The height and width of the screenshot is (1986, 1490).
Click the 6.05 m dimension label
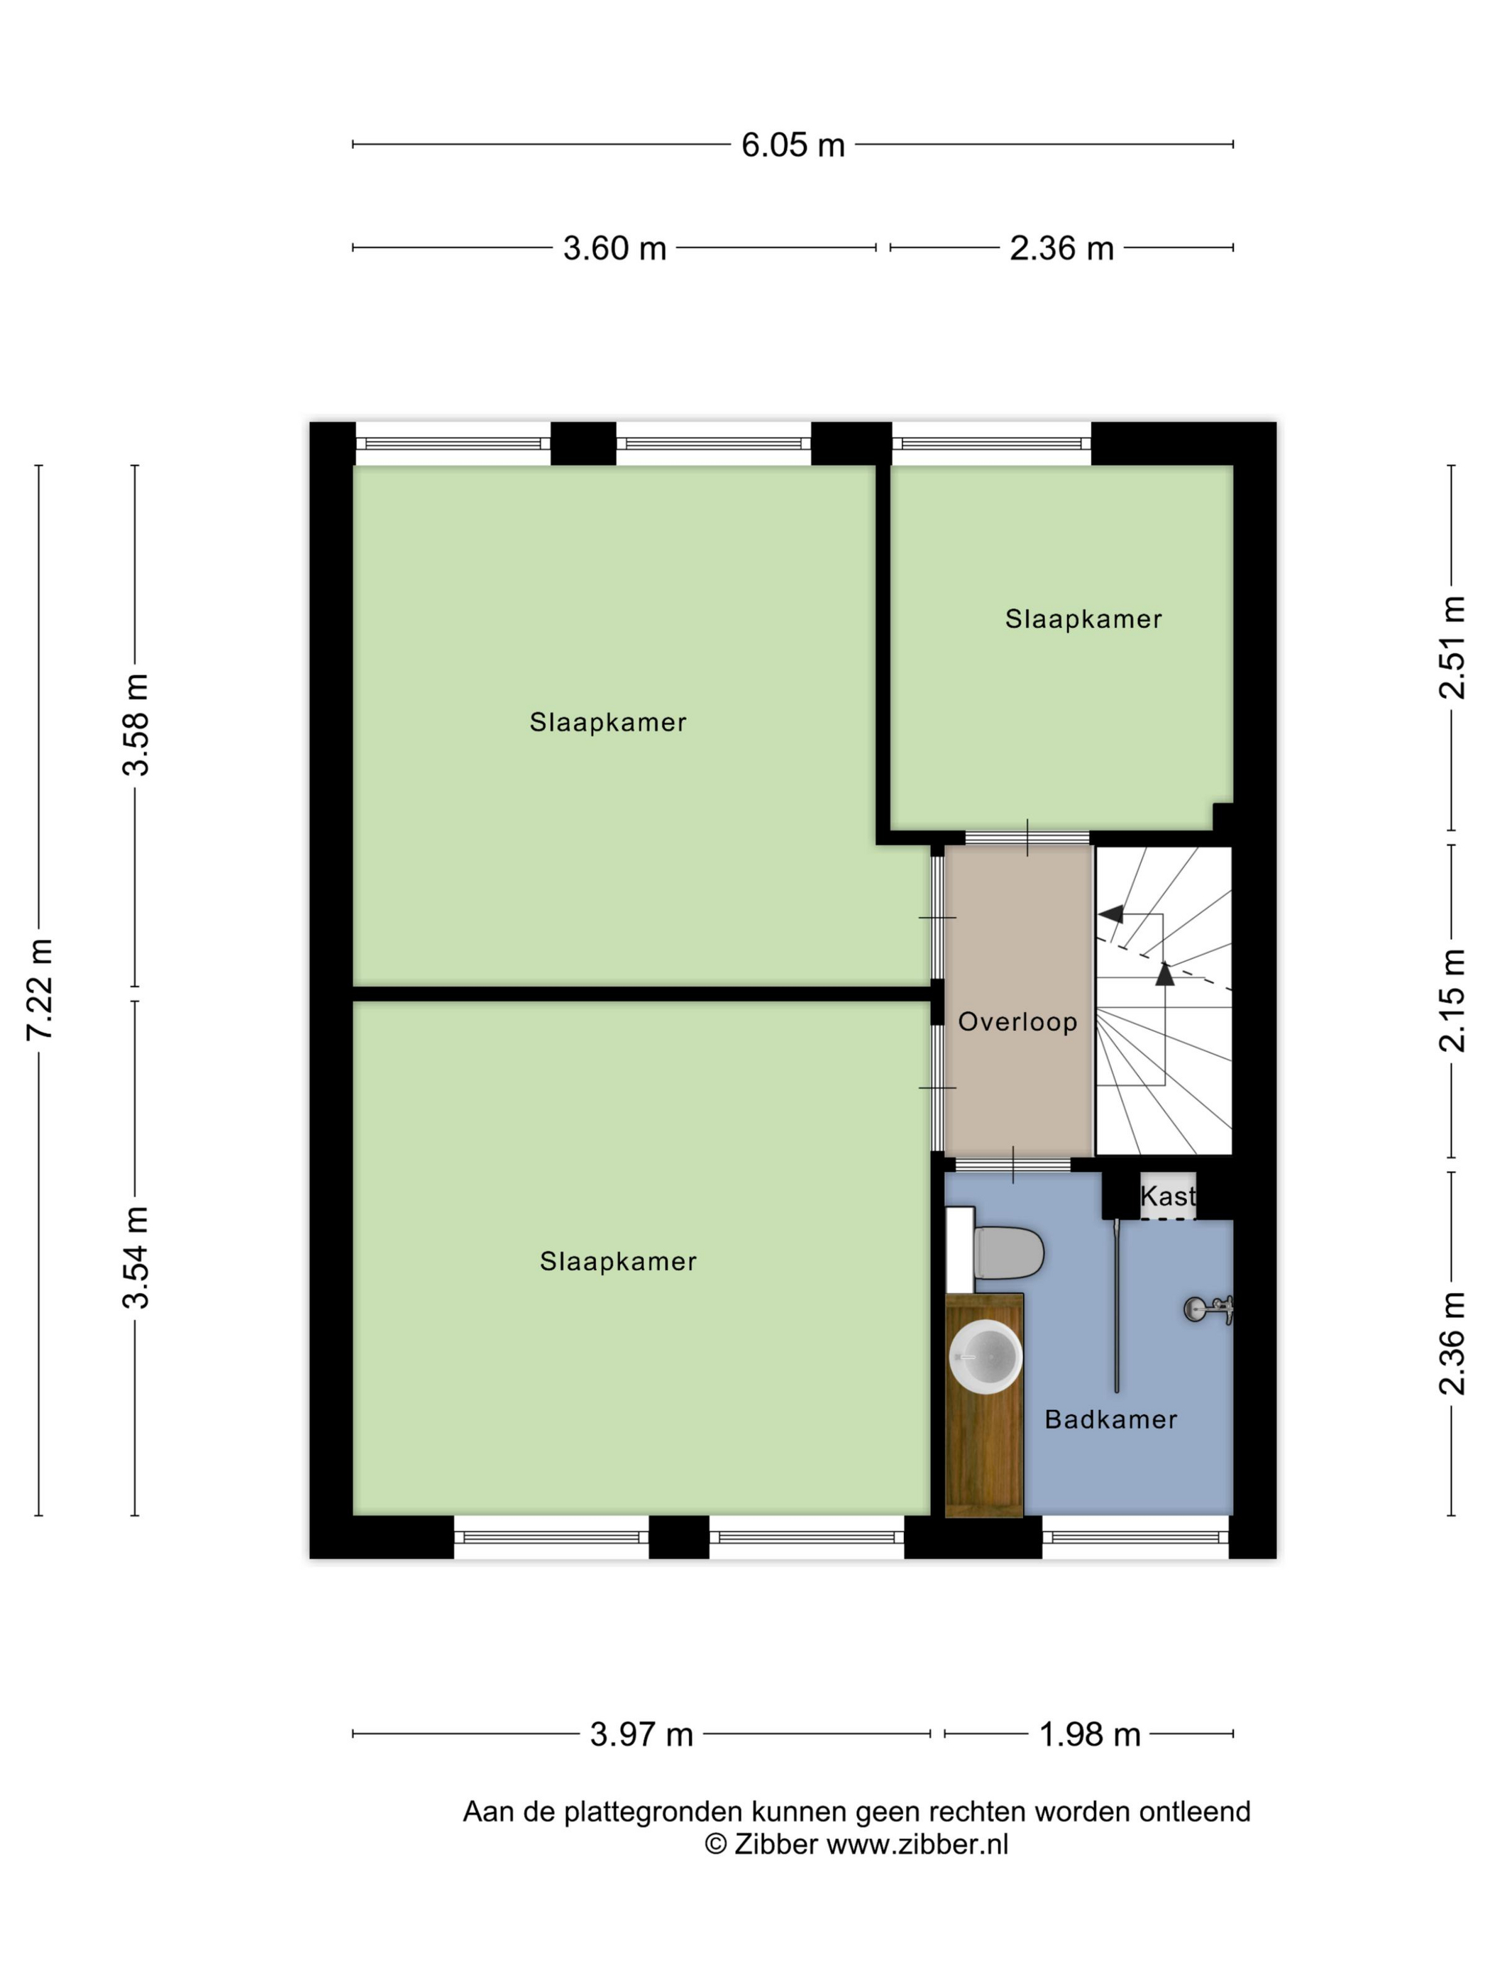pyautogui.click(x=792, y=145)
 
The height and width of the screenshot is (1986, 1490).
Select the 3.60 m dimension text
pyautogui.click(x=614, y=248)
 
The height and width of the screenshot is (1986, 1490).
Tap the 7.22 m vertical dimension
pyautogui.click(x=40, y=989)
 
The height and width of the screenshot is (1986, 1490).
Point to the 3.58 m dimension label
pyautogui.click(x=136, y=723)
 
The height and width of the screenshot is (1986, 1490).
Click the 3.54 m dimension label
pyautogui.click(x=136, y=1257)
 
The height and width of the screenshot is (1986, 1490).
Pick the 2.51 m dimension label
pyautogui.click(x=1452, y=648)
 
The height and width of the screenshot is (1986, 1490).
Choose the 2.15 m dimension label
pyautogui.click(x=1452, y=1000)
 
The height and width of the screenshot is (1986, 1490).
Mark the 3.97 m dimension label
pyautogui.click(x=641, y=1733)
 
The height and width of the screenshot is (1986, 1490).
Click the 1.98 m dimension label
pyautogui.click(x=1089, y=1733)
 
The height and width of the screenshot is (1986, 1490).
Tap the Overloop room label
pyautogui.click(x=1017, y=1022)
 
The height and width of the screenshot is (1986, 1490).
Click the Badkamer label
pyautogui.click(x=1111, y=1419)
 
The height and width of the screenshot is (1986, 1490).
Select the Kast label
pyautogui.click(x=1168, y=1195)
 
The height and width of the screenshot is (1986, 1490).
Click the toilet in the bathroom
pyautogui.click(x=1008, y=1252)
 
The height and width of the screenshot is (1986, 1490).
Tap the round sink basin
pyautogui.click(x=986, y=1355)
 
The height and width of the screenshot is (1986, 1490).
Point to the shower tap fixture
pyautogui.click(x=1209, y=1310)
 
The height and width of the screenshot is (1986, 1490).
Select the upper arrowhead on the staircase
pyautogui.click(x=1112, y=914)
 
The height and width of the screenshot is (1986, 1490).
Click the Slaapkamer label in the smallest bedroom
pyautogui.click(x=1083, y=618)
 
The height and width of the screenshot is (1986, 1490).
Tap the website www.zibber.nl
pyautogui.click(x=917, y=1844)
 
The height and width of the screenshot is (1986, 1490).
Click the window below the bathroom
pyautogui.click(x=1135, y=1537)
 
